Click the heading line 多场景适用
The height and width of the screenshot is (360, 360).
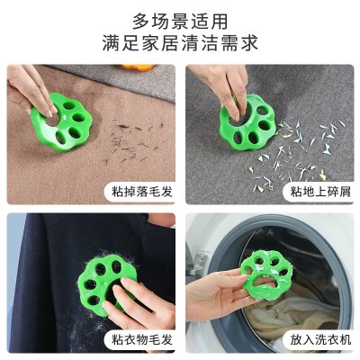coord(180,22)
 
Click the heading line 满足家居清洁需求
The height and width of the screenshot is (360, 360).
coord(180,43)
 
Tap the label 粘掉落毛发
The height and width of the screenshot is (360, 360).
coord(142,191)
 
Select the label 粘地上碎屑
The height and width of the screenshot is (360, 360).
coord(320,191)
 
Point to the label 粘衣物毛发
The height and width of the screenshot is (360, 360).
coord(142,339)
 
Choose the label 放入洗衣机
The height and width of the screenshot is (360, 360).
coord(320,339)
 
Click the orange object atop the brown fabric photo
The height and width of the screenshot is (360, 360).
coord(139,67)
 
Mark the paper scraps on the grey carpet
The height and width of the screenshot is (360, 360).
coord(297,153)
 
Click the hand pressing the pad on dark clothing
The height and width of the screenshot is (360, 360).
coord(139,303)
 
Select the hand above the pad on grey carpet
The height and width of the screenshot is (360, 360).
coord(227,87)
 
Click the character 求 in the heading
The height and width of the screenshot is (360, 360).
coord(249,43)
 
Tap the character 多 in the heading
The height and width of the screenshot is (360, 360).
coord(141,22)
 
